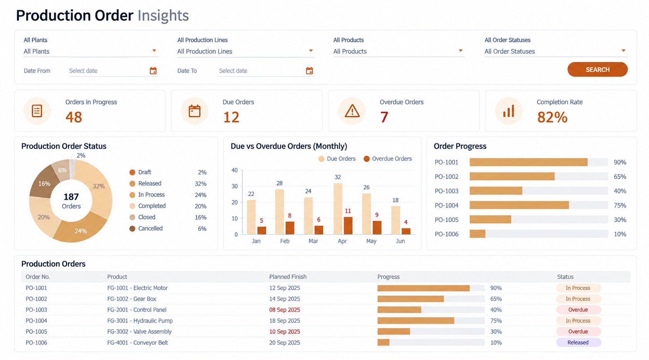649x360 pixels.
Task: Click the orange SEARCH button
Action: (x=597, y=69)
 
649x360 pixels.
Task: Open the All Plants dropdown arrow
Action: (x=154, y=50)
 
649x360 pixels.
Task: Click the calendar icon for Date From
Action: (x=153, y=71)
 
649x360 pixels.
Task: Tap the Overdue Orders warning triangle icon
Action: (x=352, y=111)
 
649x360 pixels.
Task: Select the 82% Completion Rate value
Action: (x=552, y=117)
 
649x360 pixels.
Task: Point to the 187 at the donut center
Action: (x=71, y=197)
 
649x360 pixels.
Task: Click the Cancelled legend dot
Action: (x=132, y=229)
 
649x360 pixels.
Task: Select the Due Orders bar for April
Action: (x=338, y=209)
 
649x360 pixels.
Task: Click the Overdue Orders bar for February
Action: (x=290, y=228)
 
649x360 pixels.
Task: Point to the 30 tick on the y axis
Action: (x=235, y=186)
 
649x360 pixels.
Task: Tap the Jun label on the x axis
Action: (x=400, y=241)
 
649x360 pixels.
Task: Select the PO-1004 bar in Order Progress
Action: (x=519, y=205)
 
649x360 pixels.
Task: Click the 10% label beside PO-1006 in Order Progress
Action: (x=620, y=234)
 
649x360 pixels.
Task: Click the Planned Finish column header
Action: (x=288, y=277)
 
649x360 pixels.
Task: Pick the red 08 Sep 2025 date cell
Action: (x=285, y=310)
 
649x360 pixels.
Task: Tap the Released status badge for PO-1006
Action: (x=578, y=342)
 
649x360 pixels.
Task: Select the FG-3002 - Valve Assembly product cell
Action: (x=139, y=331)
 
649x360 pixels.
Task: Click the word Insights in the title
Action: (x=163, y=15)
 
